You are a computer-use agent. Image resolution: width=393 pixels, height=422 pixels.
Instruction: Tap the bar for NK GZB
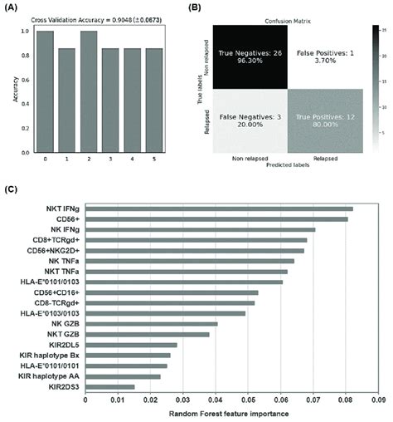[151, 324]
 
